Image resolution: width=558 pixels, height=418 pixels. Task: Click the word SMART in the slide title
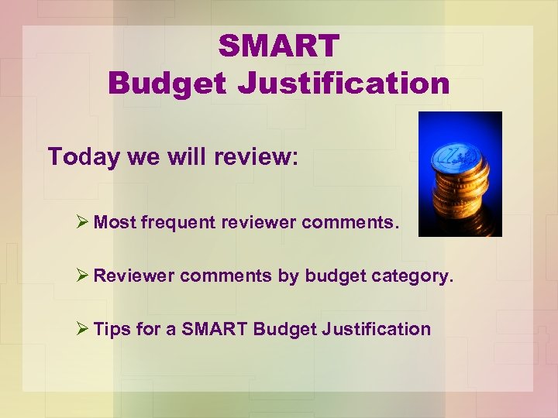(279, 46)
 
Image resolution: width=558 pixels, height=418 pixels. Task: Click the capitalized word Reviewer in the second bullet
(134, 276)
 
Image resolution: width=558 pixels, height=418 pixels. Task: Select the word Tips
(112, 329)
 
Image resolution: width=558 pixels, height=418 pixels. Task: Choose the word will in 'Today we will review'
(183, 156)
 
